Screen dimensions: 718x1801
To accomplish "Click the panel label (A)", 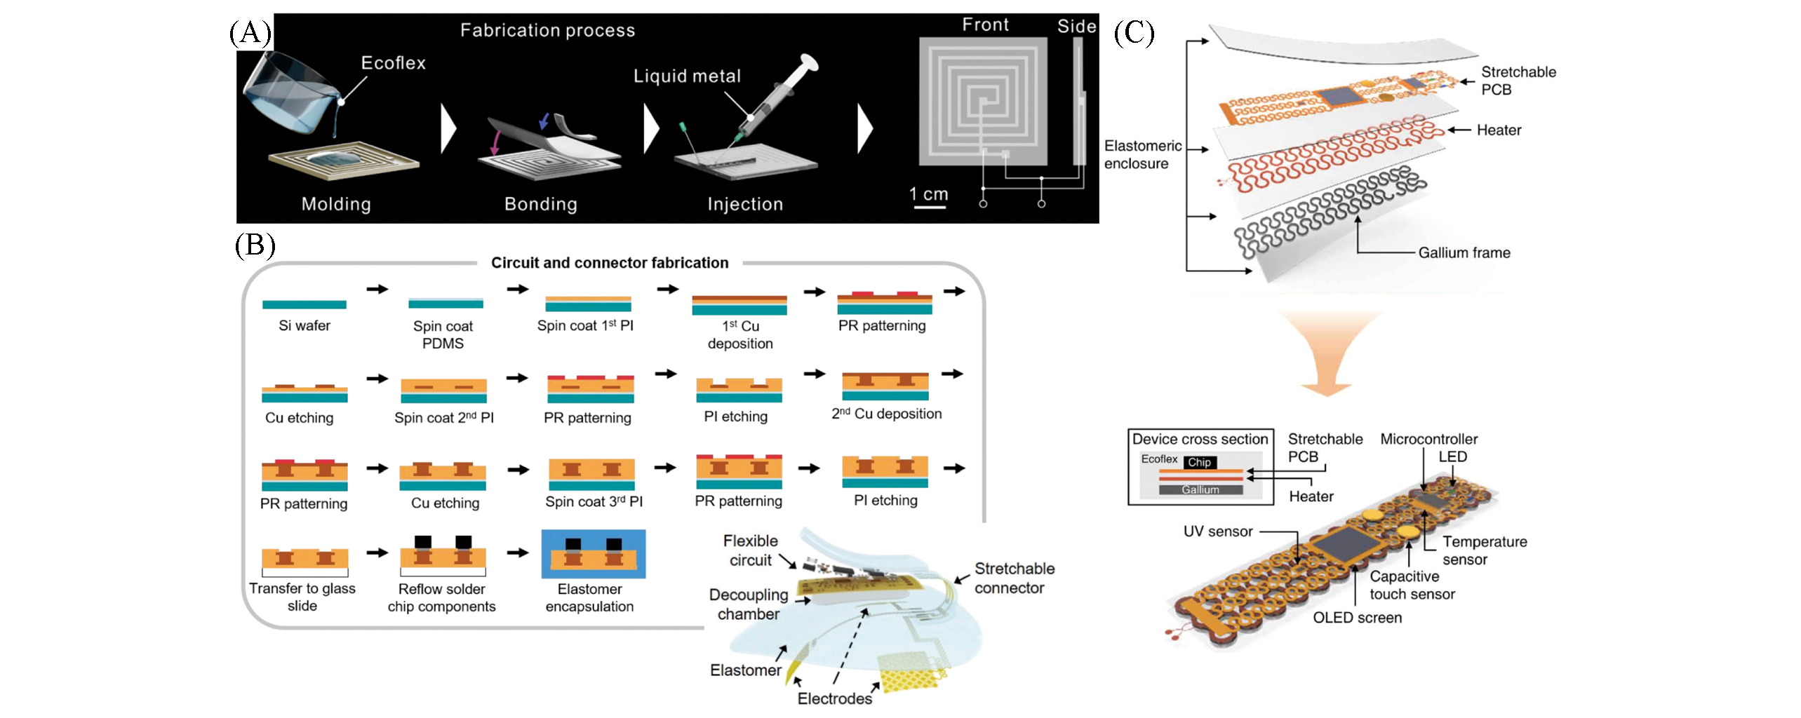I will tap(250, 33).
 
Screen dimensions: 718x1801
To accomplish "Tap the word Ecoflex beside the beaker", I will tap(393, 63).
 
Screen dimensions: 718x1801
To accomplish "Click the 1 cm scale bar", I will tap(929, 206).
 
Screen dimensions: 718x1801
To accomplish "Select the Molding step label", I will tap(336, 204).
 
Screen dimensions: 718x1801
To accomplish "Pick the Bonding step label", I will tap(540, 204).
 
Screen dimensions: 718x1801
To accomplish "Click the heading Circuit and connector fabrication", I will tap(609, 263).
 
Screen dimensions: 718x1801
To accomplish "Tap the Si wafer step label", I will tap(304, 325).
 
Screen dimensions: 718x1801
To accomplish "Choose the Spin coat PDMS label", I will tap(443, 334).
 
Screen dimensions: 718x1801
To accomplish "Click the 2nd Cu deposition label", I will tap(886, 414).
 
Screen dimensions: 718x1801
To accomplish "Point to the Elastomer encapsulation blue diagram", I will tap(593, 554).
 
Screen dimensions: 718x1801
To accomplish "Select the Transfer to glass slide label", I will tap(302, 597).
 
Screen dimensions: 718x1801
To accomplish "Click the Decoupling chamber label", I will tap(748, 604).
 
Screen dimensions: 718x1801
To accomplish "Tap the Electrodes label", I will tap(834, 698).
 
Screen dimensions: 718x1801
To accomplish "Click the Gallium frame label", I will tap(1464, 253).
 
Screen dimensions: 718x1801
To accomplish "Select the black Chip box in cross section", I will tap(1198, 462).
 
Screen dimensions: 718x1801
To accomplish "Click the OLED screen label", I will tap(1357, 618).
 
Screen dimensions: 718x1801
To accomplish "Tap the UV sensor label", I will tap(1217, 531).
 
